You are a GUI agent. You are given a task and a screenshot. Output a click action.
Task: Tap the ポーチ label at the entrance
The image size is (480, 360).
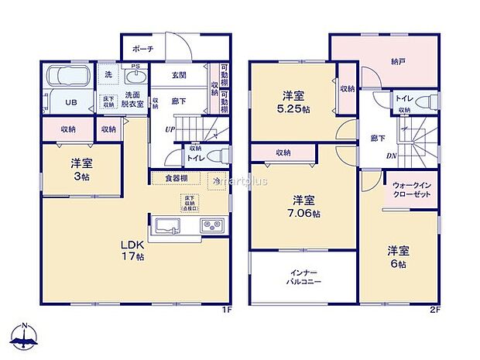click(143, 49)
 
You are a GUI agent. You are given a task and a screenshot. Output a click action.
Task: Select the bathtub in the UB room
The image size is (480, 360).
click(70, 78)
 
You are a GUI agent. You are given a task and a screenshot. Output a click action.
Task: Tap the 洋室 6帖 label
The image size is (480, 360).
click(399, 256)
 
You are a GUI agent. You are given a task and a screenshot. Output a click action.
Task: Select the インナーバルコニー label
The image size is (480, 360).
click(300, 277)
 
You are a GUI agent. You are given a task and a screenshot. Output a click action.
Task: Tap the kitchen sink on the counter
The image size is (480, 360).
click(169, 225)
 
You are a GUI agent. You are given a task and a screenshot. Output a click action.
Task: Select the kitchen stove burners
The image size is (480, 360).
click(211, 225)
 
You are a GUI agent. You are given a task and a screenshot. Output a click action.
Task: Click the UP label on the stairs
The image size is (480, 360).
click(168, 129)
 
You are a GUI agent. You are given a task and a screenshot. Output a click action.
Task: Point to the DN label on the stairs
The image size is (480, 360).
click(393, 155)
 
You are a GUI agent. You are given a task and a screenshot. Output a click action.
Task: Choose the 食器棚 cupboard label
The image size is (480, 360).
click(177, 178)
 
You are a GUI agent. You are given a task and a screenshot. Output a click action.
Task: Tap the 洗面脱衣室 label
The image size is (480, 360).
click(132, 100)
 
